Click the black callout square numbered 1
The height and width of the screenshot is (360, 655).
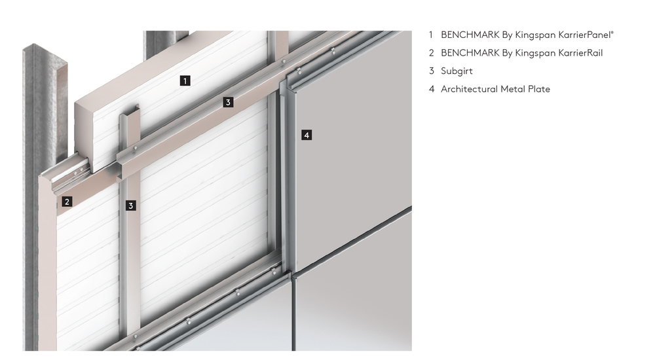click(185, 81)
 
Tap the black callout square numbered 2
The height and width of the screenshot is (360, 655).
click(67, 202)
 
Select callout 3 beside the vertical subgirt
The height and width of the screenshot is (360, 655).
click(131, 206)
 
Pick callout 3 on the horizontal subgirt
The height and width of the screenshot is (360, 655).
click(228, 102)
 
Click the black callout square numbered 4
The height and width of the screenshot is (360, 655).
click(307, 135)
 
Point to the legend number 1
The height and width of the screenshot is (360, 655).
click(431, 35)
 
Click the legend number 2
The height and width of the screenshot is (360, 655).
click(432, 53)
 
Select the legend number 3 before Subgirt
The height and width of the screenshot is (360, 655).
click(432, 71)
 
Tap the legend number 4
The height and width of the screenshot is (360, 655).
click(432, 89)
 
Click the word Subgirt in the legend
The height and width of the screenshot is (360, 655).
click(457, 71)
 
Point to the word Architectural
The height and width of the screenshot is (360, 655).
click(469, 89)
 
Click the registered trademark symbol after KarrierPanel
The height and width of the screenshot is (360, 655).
click(612, 32)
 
